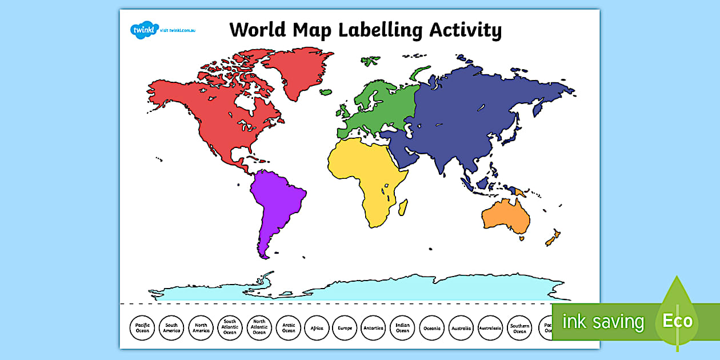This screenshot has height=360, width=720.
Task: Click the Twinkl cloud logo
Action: point(141,29)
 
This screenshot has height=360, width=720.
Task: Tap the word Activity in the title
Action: point(465,30)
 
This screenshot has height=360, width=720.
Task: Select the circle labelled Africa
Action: point(317,329)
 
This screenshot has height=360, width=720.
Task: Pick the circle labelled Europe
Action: point(346,329)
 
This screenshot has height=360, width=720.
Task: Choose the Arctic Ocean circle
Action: point(289,329)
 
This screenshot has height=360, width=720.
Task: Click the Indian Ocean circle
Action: point(403,329)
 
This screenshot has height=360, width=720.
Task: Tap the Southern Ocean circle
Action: point(519,329)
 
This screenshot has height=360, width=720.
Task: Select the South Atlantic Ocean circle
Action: point(230,329)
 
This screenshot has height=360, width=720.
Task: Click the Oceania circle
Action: point(432,329)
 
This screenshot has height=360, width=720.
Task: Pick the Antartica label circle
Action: point(374,329)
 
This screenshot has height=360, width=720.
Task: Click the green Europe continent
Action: point(380,106)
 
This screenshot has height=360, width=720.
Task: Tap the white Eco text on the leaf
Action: point(678,321)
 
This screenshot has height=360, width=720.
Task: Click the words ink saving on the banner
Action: point(603,322)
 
